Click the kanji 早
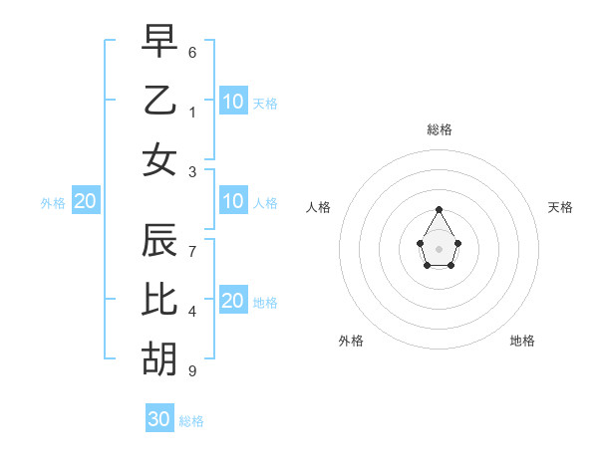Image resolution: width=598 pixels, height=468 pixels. (x=159, y=43)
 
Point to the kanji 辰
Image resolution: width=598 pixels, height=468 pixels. (x=159, y=240)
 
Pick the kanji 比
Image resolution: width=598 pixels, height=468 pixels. (x=159, y=299)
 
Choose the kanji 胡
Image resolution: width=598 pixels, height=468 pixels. (x=159, y=357)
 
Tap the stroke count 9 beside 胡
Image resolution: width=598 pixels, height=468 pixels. (x=192, y=371)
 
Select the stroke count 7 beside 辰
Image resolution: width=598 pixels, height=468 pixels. (x=192, y=252)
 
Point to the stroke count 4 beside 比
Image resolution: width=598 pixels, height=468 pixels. (x=192, y=312)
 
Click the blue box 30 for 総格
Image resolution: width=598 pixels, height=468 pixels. (x=159, y=419)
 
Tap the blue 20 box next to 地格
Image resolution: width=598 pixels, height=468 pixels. (x=233, y=302)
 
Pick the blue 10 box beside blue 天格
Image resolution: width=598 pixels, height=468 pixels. (x=233, y=102)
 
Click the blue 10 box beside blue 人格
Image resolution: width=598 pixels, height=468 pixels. (x=233, y=202)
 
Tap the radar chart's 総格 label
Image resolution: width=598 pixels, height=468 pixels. (x=440, y=129)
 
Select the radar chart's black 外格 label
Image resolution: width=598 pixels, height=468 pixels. (x=351, y=341)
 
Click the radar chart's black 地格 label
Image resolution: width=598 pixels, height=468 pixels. (x=522, y=341)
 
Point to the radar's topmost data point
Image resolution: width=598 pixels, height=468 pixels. (x=440, y=209)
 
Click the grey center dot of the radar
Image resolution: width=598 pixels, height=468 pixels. (x=440, y=248)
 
